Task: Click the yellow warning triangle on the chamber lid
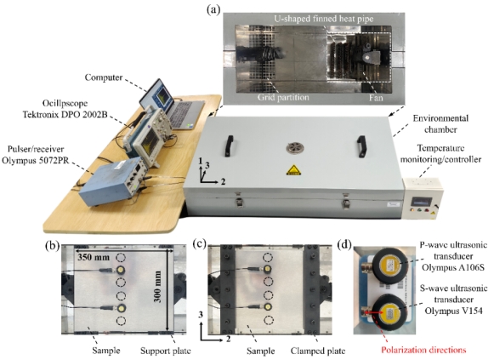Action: [293, 170]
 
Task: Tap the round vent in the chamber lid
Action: [295, 148]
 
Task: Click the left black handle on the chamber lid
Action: [229, 146]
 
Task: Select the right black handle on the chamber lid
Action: [361, 146]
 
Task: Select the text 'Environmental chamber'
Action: [440, 123]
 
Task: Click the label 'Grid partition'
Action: [283, 97]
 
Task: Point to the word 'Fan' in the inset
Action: [376, 98]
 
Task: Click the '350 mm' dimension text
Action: [94, 257]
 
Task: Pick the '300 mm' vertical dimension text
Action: [157, 286]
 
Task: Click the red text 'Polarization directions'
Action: [423, 350]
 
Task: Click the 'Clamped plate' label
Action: [318, 351]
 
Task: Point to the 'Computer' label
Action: [104, 77]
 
